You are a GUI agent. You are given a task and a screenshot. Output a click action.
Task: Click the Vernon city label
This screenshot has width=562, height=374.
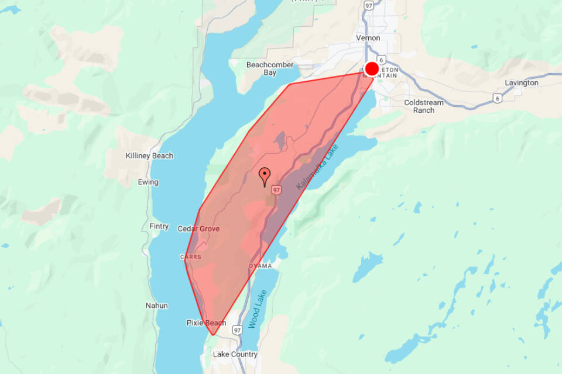click(368, 38)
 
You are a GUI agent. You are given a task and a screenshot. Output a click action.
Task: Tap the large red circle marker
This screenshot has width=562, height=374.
click(372, 68)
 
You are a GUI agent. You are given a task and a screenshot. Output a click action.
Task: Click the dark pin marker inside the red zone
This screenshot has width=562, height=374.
click(265, 175)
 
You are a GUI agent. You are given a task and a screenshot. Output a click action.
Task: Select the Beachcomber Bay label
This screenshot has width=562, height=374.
click(269, 69)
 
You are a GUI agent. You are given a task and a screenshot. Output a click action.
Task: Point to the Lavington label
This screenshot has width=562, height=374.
click(522, 83)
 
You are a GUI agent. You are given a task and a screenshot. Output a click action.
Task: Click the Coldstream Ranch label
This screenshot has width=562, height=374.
click(424, 106)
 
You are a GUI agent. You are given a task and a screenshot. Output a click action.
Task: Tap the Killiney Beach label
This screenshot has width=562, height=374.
click(150, 156)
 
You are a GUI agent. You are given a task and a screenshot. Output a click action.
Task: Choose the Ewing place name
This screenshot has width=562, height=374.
click(148, 182)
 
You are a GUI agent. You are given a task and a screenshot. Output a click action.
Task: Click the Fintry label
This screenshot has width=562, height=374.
click(159, 227)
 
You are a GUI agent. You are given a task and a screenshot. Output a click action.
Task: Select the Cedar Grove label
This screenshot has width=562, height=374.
click(198, 229)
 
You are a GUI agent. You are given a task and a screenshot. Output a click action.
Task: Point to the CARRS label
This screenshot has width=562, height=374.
click(190, 257)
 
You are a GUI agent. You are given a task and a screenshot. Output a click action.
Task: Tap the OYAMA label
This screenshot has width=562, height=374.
click(261, 266)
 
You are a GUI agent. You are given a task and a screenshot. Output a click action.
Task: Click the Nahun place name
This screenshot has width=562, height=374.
click(156, 306)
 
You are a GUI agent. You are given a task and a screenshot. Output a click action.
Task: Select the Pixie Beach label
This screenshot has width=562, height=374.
click(206, 323)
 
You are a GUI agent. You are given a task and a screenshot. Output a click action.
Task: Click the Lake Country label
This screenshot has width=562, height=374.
click(235, 354)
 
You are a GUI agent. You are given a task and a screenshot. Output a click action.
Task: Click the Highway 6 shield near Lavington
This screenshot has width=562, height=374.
click(497, 98)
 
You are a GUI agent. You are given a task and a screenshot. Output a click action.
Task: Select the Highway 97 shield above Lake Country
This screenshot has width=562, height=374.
click(237, 331)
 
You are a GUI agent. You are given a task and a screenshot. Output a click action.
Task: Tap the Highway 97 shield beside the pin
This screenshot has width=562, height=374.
click(276, 190)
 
